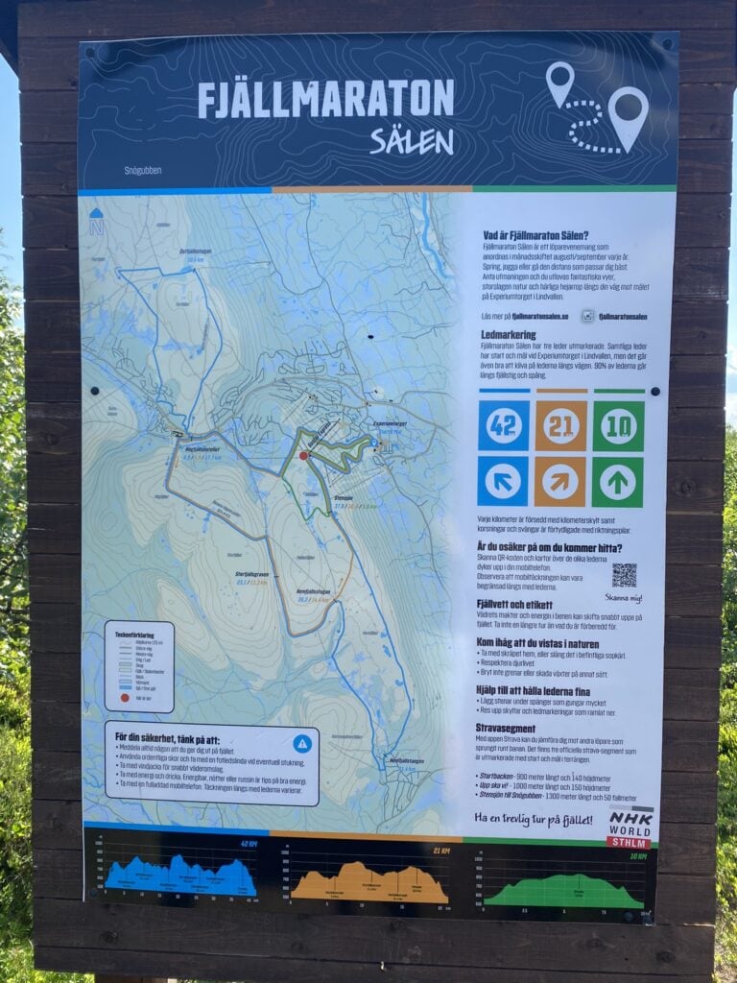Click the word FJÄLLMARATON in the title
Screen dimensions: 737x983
(x=325, y=99)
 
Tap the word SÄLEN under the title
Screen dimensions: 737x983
(x=412, y=141)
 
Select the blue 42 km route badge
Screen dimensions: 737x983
(x=503, y=425)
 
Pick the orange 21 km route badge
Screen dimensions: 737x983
(x=560, y=425)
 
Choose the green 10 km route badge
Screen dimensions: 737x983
(x=617, y=425)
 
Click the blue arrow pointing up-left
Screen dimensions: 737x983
(x=503, y=480)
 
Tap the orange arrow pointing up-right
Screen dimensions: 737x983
(x=560, y=480)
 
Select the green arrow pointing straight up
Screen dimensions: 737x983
(x=617, y=480)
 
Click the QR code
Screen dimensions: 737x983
(x=624, y=575)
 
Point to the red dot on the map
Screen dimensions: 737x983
(x=303, y=456)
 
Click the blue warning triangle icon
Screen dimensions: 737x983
(x=302, y=742)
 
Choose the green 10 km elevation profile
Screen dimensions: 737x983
(x=564, y=889)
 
